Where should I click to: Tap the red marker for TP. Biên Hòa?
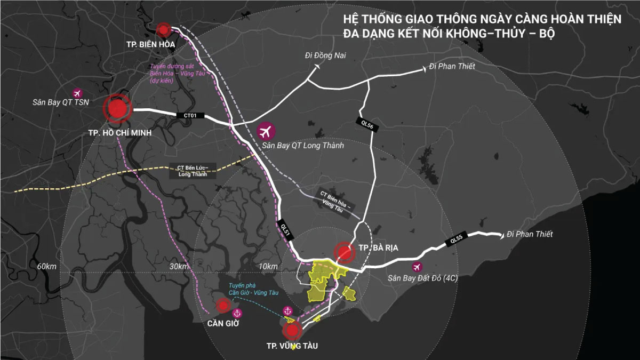165,28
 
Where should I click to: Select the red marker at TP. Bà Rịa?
344,253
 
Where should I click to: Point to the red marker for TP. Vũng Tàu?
292,331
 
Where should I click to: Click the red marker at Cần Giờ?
222,306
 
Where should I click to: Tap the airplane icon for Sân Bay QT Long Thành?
265,130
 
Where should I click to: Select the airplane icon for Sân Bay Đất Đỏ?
417,267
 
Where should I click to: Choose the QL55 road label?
457,241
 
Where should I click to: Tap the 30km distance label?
179,266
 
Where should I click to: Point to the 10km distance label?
267,266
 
